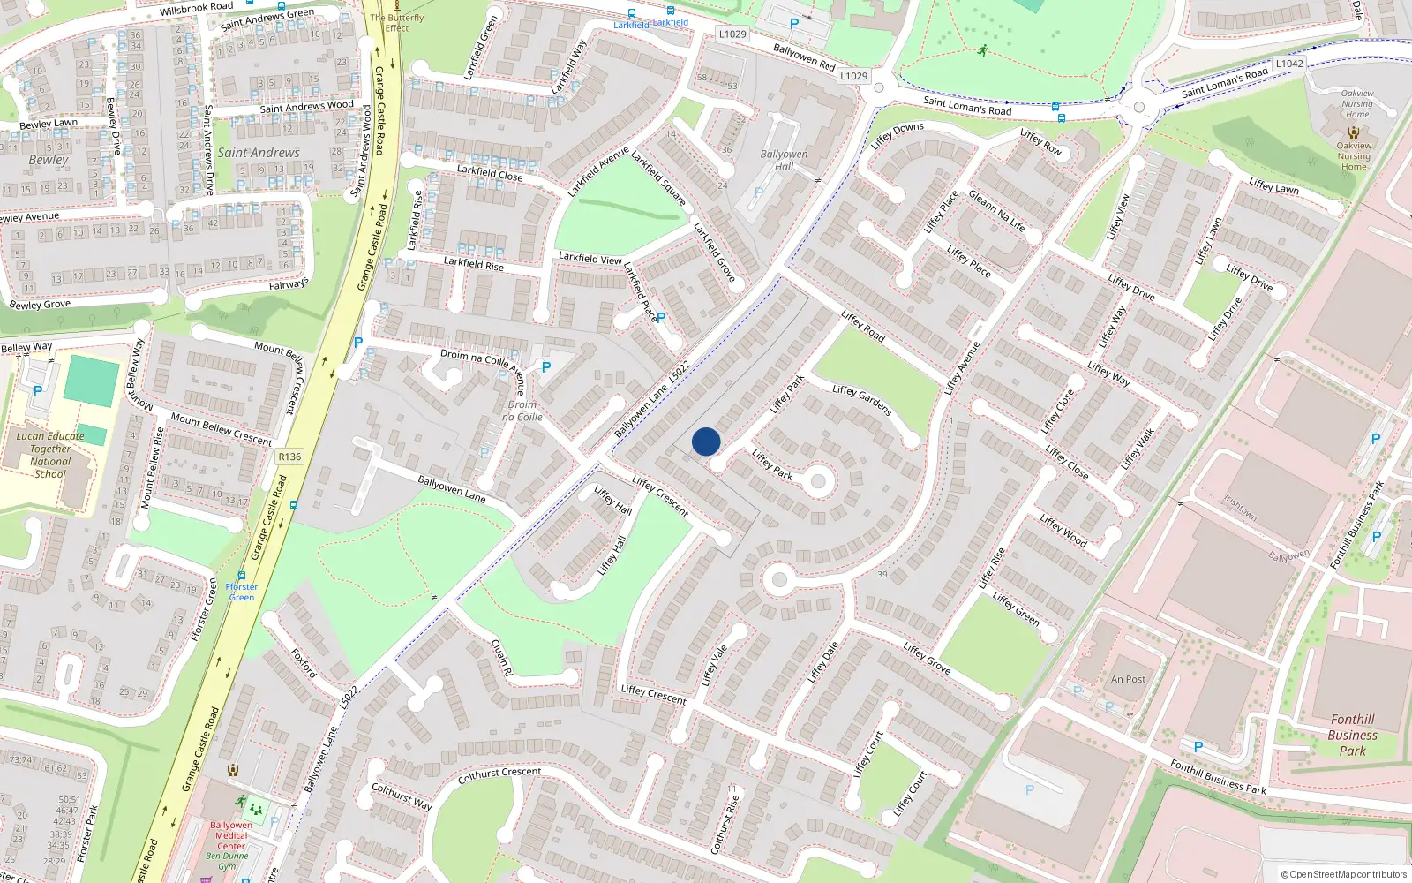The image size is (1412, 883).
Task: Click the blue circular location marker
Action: [x=706, y=441]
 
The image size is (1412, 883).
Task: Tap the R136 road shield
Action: [x=289, y=457]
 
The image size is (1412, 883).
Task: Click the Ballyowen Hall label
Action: [x=784, y=160]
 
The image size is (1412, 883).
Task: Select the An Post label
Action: [x=1128, y=679]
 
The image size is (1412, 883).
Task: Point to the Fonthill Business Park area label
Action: [x=1352, y=735]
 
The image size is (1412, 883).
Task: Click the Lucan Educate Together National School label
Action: [x=50, y=455]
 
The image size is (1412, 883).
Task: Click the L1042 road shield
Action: [x=1288, y=64]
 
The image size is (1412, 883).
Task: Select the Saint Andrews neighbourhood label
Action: [x=259, y=153]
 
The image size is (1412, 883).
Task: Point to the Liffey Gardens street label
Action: [x=862, y=400]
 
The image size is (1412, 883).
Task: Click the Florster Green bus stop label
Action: [x=242, y=592]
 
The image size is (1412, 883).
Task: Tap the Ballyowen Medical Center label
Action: [x=231, y=835]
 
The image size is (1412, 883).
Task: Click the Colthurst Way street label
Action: [x=402, y=796]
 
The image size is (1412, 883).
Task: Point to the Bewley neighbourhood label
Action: [x=49, y=160]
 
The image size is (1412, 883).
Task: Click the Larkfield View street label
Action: [x=590, y=258]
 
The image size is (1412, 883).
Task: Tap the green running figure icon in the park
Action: [x=982, y=50]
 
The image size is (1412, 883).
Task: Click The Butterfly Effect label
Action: [x=397, y=22]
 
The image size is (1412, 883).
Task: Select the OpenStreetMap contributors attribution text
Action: [x=1343, y=874]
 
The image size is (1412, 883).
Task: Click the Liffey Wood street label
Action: [x=1063, y=530]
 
